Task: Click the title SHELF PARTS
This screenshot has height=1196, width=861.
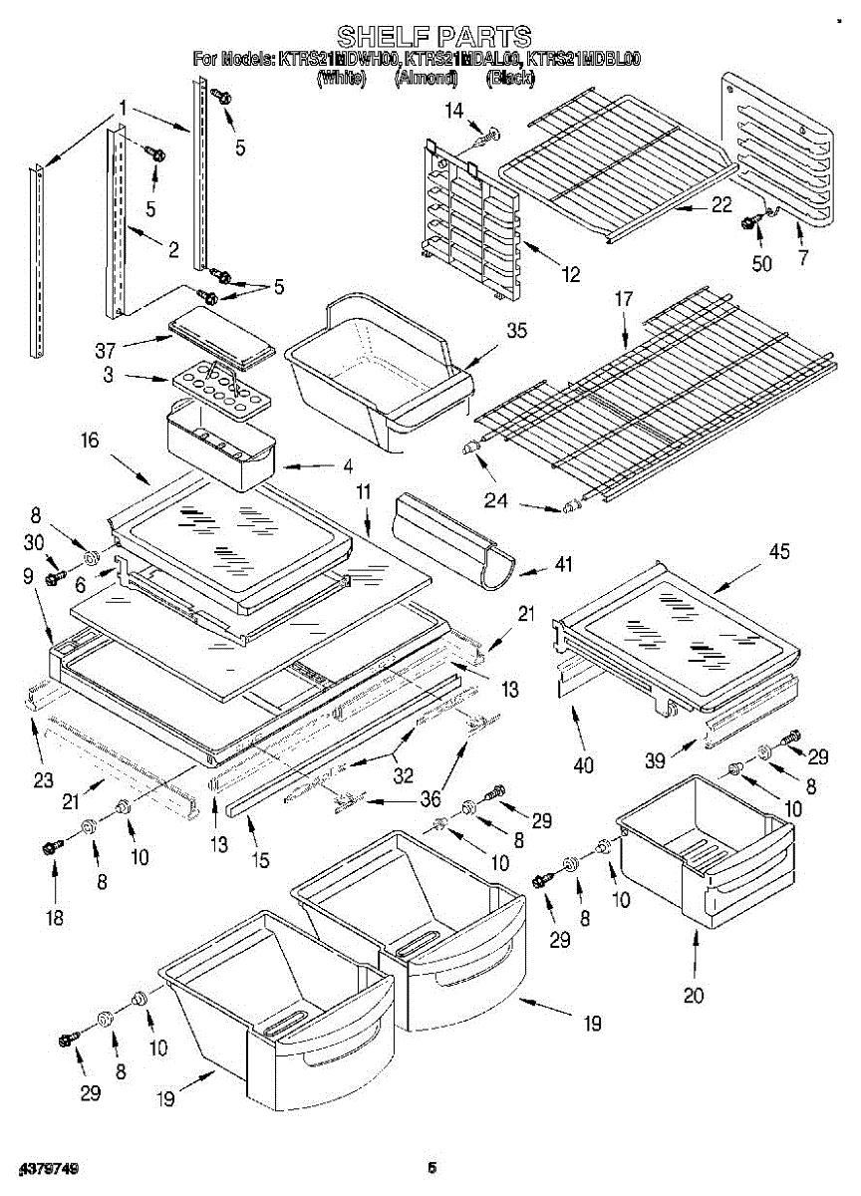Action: point(433,38)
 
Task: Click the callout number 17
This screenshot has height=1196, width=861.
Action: point(624,297)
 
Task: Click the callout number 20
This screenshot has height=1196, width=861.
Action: point(694,994)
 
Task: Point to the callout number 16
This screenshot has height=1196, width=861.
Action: point(91,440)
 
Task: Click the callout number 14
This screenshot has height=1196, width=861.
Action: point(454,111)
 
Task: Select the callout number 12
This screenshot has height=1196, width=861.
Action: point(570,275)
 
